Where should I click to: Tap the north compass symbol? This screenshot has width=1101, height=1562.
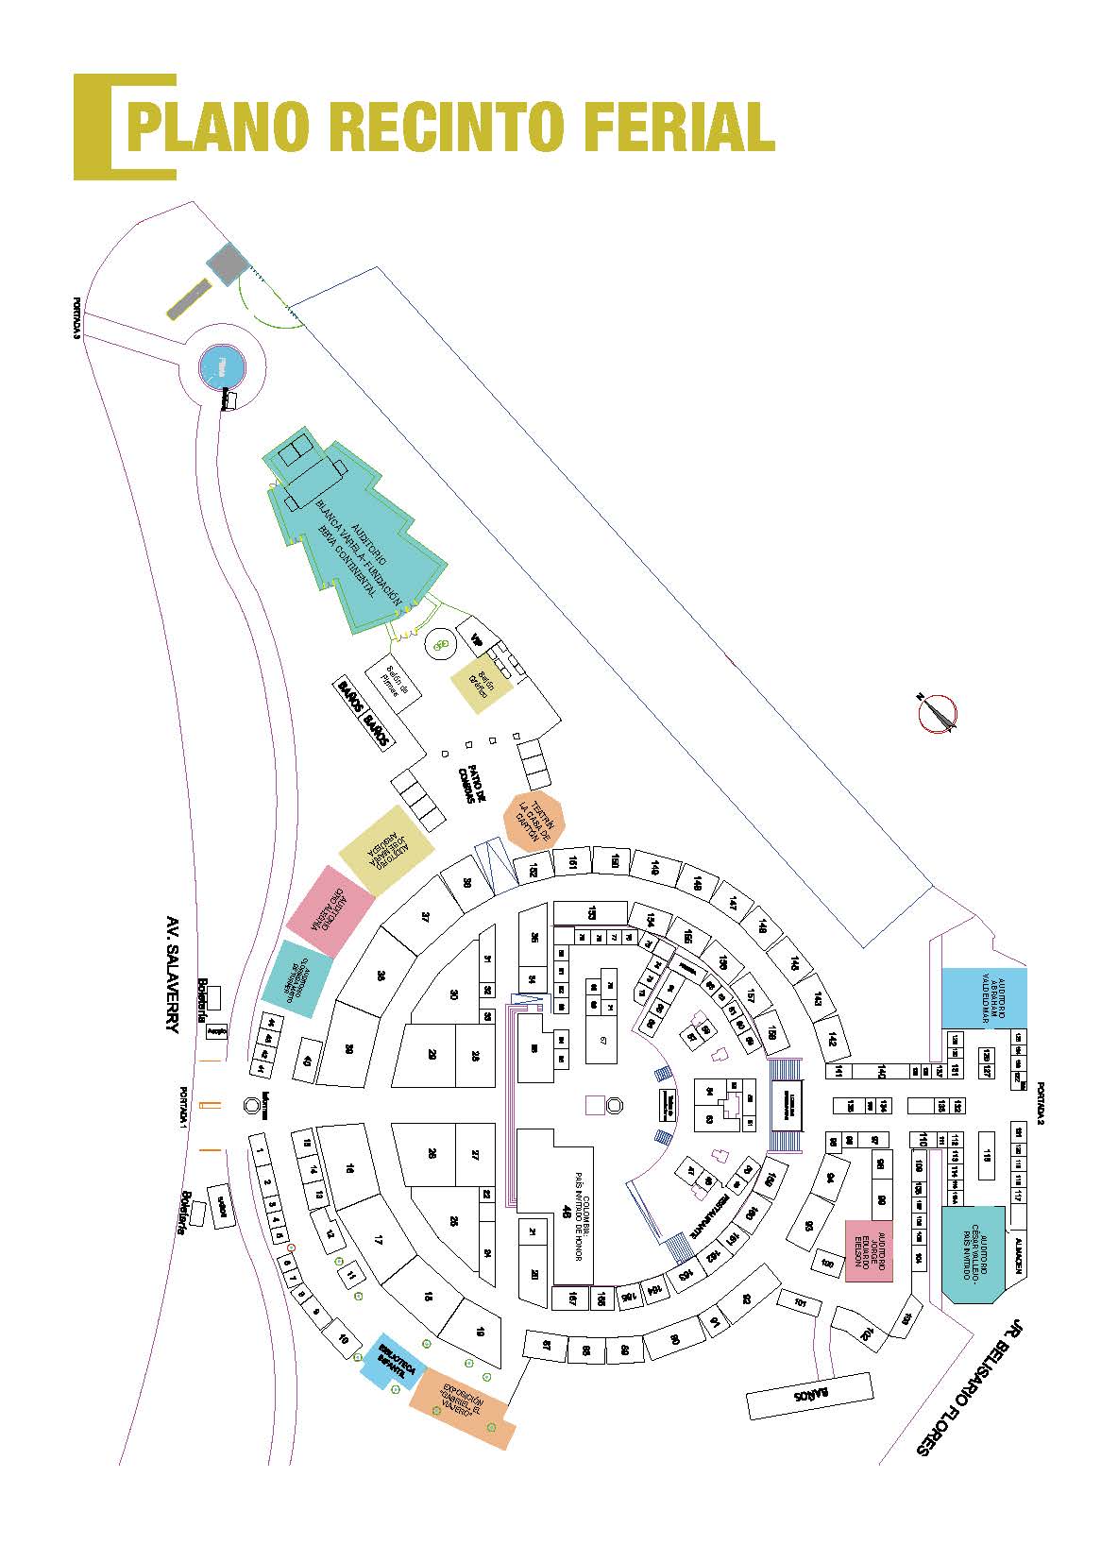click(938, 713)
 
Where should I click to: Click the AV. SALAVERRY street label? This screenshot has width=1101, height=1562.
click(172, 974)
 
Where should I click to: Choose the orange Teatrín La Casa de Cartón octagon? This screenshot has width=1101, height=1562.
click(534, 820)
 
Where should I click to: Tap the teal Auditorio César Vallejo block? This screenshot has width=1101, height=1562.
click(974, 1253)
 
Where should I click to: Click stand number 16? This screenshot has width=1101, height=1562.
click(350, 1169)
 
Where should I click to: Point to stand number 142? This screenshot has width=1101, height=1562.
click(831, 1039)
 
